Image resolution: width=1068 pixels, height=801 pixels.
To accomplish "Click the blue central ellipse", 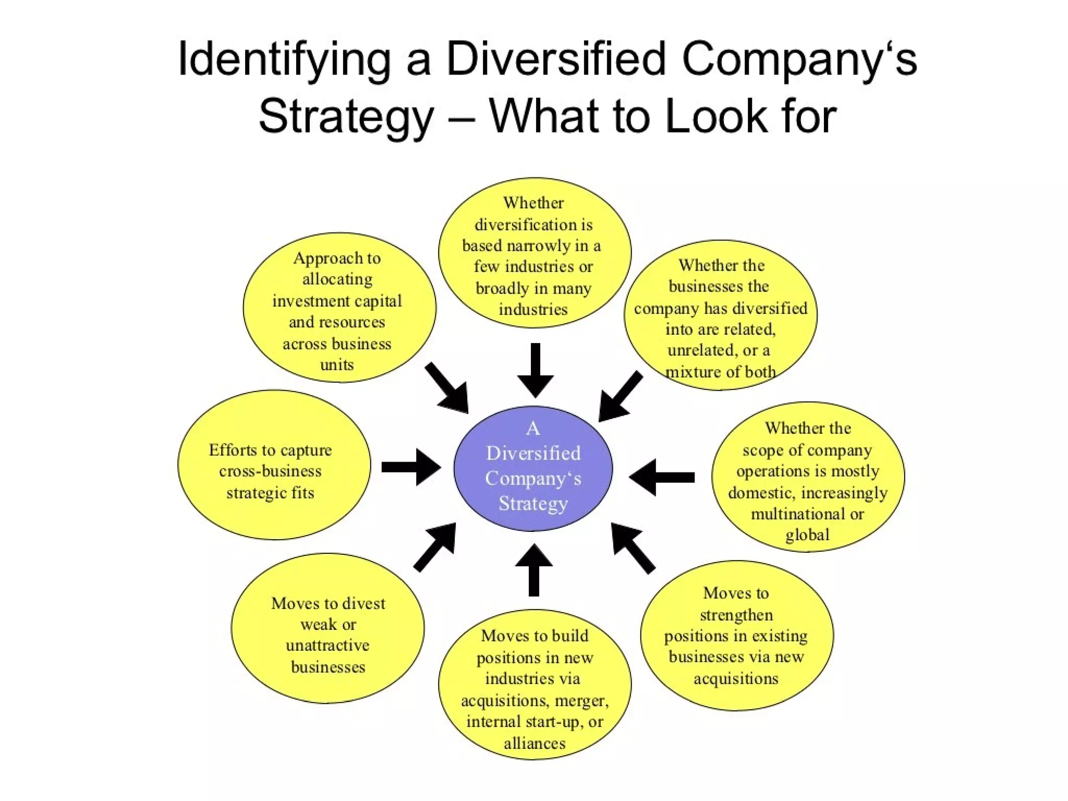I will coord(533,468).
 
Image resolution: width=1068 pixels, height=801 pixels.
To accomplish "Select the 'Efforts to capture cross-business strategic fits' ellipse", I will coord(274,465).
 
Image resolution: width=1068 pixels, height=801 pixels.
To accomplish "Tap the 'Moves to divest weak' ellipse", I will coord(327,628).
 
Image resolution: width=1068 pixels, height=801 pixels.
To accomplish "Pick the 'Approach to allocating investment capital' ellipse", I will coord(339,307).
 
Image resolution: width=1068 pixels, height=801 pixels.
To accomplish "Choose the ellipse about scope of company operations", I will coord(808,477).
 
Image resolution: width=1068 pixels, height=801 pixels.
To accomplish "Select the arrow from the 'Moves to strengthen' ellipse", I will coord(632,547).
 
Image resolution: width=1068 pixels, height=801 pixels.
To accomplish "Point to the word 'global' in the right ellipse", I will coord(807,535).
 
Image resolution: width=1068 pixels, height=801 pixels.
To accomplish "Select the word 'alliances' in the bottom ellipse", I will coord(535,743).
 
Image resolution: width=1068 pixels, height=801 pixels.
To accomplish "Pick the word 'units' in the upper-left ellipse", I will coord(337,364).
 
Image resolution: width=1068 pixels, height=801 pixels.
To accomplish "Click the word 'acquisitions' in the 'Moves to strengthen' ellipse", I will coord(736,678).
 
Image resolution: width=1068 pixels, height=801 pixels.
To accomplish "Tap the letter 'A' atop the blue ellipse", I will coord(532,428).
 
